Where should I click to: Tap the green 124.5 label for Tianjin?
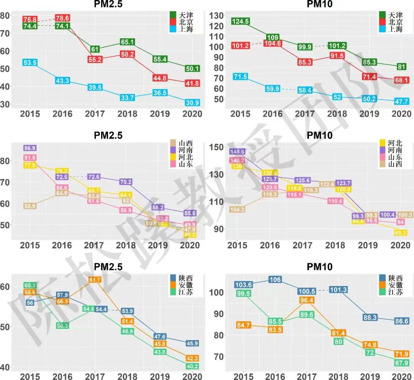pyautogui.click(x=240, y=21)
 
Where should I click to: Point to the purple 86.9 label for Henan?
pyautogui.click(x=30, y=148)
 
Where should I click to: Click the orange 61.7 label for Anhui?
pyautogui.click(x=95, y=280)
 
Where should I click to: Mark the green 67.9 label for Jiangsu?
pyautogui.click(x=401, y=363)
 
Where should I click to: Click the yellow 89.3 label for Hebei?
pyautogui.click(x=400, y=233)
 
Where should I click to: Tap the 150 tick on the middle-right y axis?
pyautogui.click(x=218, y=147)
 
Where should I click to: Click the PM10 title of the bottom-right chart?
pyautogui.click(x=319, y=267)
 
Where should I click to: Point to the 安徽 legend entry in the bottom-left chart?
pyautogui.click(x=186, y=285)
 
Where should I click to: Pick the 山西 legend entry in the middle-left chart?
pyautogui.click(x=186, y=143)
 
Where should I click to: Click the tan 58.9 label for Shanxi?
pyautogui.click(x=30, y=206)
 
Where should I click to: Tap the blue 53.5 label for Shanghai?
pyautogui.click(x=30, y=63)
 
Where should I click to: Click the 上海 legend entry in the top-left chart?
pyautogui.click(x=186, y=30)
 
